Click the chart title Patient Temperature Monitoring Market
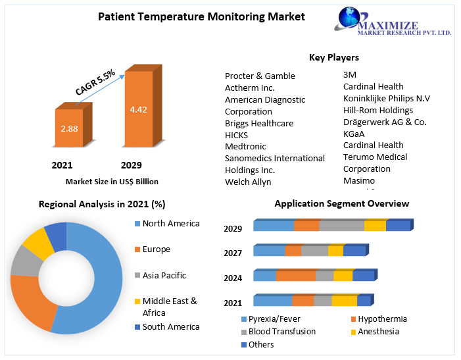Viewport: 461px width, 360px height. (x=201, y=16)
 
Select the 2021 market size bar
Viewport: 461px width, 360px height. (x=69, y=128)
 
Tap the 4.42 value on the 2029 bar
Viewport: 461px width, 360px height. (x=138, y=109)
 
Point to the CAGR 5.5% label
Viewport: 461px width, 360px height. (x=95, y=81)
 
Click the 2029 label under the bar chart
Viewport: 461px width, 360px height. (x=131, y=165)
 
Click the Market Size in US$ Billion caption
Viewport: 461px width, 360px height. (x=112, y=181)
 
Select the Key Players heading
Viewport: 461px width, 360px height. (x=334, y=57)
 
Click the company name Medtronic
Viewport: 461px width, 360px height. (x=245, y=146)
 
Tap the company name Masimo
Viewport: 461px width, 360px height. (x=359, y=180)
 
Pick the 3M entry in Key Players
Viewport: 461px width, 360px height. (x=350, y=74)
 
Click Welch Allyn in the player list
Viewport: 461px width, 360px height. (x=248, y=182)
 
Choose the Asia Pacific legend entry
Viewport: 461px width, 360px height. (x=164, y=275)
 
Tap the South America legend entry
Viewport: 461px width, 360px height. (x=171, y=326)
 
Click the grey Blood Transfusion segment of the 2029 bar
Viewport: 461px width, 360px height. (x=341, y=226)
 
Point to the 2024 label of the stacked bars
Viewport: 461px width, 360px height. (x=233, y=278)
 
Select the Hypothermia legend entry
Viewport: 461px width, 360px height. (x=382, y=319)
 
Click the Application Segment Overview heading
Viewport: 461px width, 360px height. (x=342, y=203)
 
